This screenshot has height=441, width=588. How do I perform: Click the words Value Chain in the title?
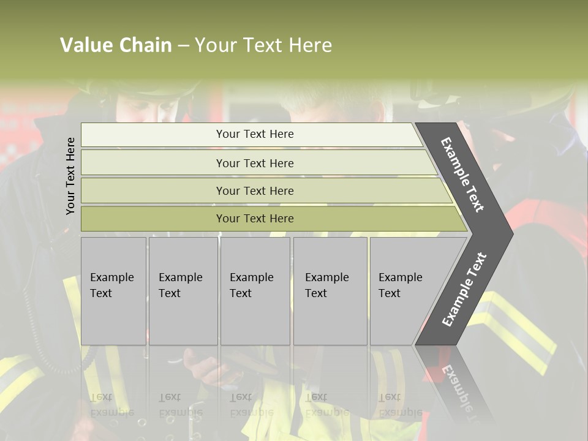coord(116,45)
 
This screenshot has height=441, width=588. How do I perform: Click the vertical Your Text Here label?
coord(70,176)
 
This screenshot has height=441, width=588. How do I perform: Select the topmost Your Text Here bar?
coord(254,134)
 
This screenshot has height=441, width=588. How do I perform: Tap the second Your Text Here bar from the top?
coord(254,163)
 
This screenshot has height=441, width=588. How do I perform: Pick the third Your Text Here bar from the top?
coord(254,190)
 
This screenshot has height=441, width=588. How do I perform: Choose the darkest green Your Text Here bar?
coord(254,219)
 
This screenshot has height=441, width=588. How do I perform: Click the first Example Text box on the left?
coord(113,290)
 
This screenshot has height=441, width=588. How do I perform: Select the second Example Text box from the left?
coord(183,290)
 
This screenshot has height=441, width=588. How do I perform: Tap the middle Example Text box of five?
coord(254,290)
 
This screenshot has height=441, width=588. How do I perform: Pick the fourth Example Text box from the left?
coord(330,290)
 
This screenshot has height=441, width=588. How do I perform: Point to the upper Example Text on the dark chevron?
coord(462,175)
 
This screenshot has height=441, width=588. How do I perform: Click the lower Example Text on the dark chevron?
coord(464,290)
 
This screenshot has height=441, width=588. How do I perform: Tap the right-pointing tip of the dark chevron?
coord(511,233)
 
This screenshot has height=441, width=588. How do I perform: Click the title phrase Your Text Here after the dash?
coord(263,45)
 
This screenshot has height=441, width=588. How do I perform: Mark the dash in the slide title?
coord(183,46)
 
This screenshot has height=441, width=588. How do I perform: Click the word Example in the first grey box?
coord(111,277)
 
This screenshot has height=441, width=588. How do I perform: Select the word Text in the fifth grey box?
coord(390,293)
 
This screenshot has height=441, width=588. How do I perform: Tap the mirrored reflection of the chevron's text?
coord(456,386)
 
